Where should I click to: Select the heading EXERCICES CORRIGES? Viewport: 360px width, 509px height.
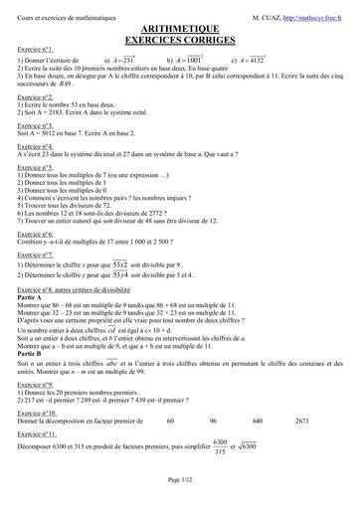(180, 41)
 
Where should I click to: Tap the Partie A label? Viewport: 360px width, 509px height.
(32, 296)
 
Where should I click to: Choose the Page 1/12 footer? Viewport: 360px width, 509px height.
(180, 480)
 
